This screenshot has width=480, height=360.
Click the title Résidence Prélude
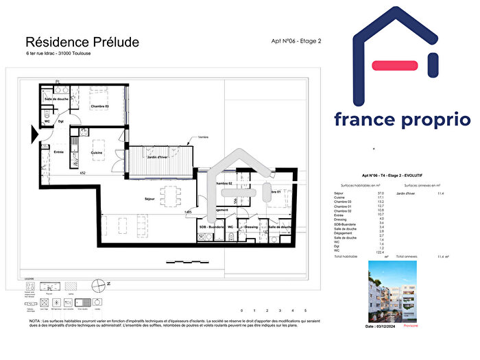click(x=82, y=43)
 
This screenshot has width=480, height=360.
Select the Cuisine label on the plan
click(x=97, y=152)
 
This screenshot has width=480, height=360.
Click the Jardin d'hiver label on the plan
click(x=158, y=157)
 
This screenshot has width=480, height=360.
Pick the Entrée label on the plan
click(x=59, y=152)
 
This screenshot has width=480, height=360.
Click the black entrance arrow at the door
click(x=33, y=137)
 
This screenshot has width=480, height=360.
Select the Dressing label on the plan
click(x=250, y=227)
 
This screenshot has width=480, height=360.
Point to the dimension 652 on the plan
click(x=82, y=173)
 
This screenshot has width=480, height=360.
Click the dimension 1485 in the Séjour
click(x=187, y=213)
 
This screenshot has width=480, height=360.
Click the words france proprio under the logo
click(x=403, y=119)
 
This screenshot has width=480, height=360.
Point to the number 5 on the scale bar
click(x=305, y=311)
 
